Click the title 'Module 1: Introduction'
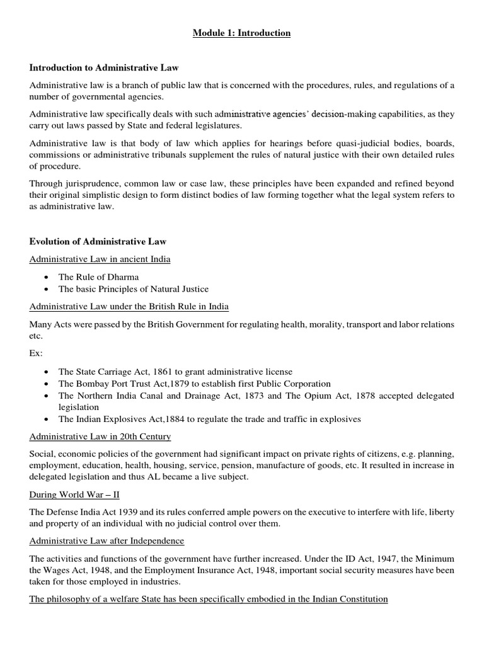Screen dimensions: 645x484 [241, 33]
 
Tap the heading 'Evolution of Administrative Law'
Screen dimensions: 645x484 [98, 241]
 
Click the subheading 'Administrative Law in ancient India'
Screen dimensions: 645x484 [100, 259]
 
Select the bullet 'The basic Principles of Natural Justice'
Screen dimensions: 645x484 [133, 289]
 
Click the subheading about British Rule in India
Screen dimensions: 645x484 [129, 307]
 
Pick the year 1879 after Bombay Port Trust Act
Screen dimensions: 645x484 [168, 384]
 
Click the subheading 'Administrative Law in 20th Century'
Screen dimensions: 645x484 [100, 437]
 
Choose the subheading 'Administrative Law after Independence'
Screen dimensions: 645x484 [107, 541]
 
